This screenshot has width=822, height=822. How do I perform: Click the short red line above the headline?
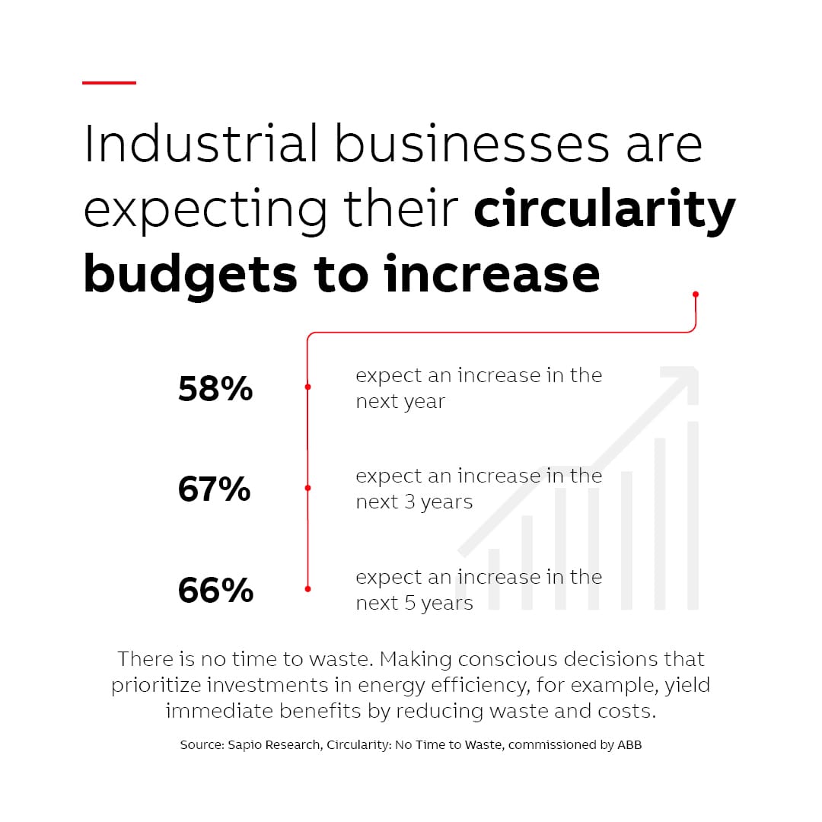point(109,82)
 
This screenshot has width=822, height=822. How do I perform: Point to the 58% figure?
point(215,389)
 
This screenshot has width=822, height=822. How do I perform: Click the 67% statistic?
point(214,489)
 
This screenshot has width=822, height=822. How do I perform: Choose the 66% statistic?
point(215,591)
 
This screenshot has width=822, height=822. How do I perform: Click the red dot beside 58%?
point(307,387)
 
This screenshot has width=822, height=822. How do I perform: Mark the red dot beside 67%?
point(307,488)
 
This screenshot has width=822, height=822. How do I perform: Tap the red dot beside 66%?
point(307,588)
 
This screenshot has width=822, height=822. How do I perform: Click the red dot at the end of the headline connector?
point(696,294)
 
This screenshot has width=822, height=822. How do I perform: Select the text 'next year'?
point(400,402)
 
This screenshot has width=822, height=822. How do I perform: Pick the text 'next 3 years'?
point(414,502)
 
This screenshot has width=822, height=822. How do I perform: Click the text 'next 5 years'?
point(414,604)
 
